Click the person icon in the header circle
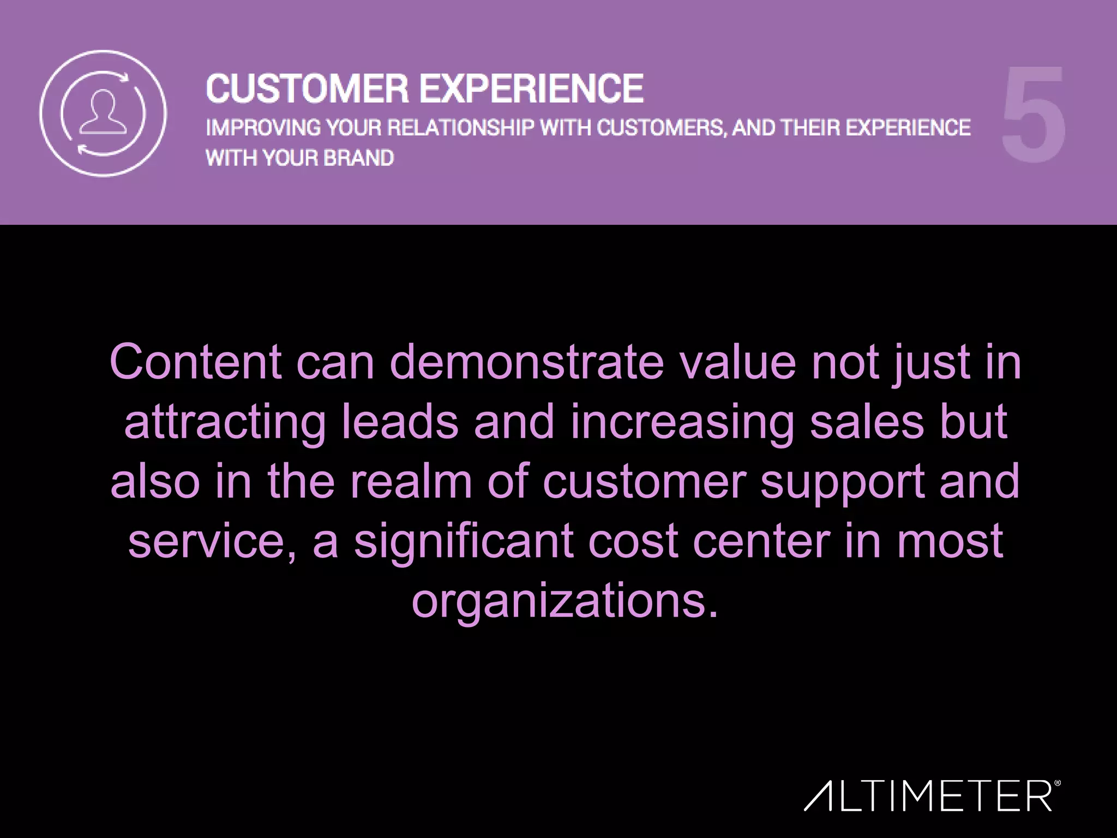(103, 112)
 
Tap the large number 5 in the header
(1034, 115)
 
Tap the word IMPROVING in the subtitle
(263, 128)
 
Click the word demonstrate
(527, 362)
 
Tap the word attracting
(225, 422)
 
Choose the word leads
(400, 422)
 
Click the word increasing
(682, 422)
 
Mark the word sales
(867, 422)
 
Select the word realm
(411, 482)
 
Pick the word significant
(464, 542)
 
